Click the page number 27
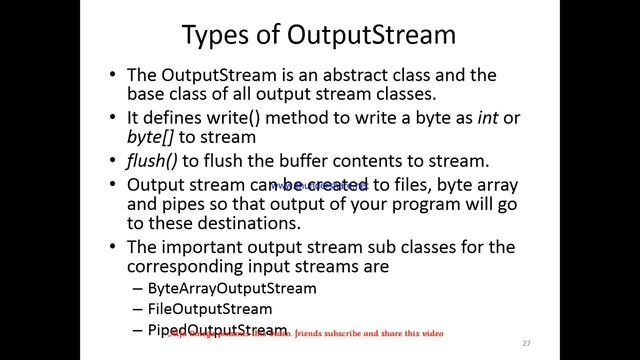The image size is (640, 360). (x=526, y=343)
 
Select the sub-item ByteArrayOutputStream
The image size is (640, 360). (x=231, y=288)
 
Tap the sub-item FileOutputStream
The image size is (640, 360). (x=209, y=309)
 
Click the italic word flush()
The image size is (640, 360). (x=151, y=161)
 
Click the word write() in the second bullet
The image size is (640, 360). (x=228, y=118)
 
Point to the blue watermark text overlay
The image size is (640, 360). (x=320, y=186)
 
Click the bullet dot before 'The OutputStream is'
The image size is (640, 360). (x=113, y=77)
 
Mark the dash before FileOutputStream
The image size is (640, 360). (x=137, y=309)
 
